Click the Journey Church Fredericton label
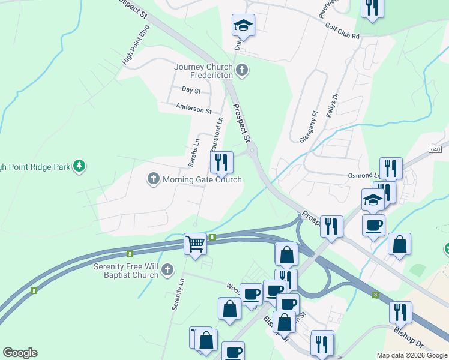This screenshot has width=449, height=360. [203, 71]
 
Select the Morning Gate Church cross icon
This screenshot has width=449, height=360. [153, 178]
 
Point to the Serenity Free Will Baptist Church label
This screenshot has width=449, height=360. [125, 270]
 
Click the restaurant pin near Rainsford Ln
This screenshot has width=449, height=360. [221, 161]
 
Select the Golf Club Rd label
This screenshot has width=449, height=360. [342, 31]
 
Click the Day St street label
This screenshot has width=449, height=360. [191, 89]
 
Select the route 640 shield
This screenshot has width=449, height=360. [436, 149]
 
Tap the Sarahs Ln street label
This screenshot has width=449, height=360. [194, 154]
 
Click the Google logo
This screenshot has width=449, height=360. [20, 353]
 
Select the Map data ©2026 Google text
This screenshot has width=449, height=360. [412, 355]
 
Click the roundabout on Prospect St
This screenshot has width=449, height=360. [252, 151]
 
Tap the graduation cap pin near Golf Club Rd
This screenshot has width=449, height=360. [243, 25]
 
